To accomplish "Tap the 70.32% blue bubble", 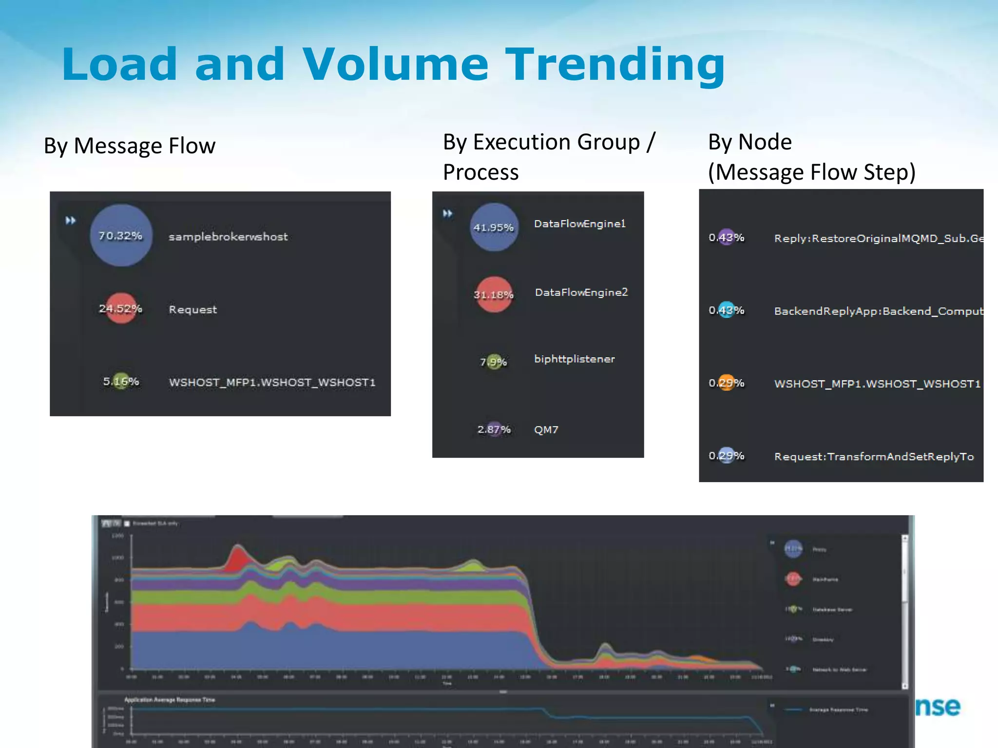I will (x=121, y=235).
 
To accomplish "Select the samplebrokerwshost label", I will (x=228, y=237).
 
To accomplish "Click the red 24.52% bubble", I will (x=121, y=308).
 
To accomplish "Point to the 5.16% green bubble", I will (x=121, y=381).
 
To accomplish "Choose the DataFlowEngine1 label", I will (x=579, y=224).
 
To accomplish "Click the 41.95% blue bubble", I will (x=494, y=227).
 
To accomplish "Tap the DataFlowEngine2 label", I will (x=581, y=292).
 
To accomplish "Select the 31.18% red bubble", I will (x=494, y=294).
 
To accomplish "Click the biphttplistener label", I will (x=574, y=359).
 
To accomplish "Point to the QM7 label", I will (x=546, y=430).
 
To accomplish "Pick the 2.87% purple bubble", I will (x=494, y=429).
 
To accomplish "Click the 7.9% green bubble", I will (x=494, y=361).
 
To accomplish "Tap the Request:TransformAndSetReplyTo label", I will (x=874, y=456).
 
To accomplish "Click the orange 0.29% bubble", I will (x=726, y=383).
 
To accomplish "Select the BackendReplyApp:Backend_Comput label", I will (x=878, y=311).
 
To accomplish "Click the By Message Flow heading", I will (x=130, y=146).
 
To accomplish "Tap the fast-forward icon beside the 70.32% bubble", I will (x=71, y=221).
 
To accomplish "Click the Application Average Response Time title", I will (x=170, y=700).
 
